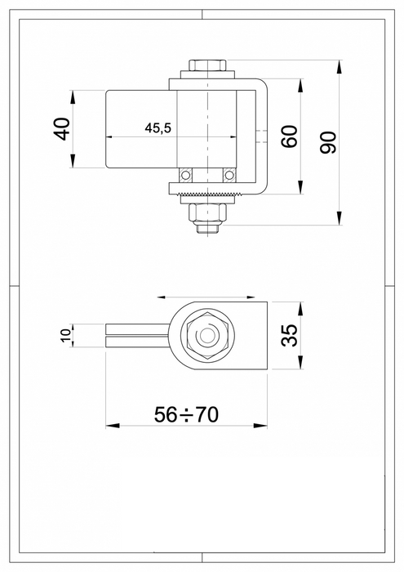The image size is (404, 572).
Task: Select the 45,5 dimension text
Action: [157, 128]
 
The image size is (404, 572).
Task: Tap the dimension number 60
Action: [288, 137]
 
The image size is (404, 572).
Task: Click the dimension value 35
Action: [289, 336]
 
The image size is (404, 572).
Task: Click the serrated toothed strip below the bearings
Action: [208, 193]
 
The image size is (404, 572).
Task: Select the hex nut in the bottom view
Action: [208, 336]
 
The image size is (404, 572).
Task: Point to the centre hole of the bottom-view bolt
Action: [208, 336]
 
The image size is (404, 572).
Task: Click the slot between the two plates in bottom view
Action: [135, 336]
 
